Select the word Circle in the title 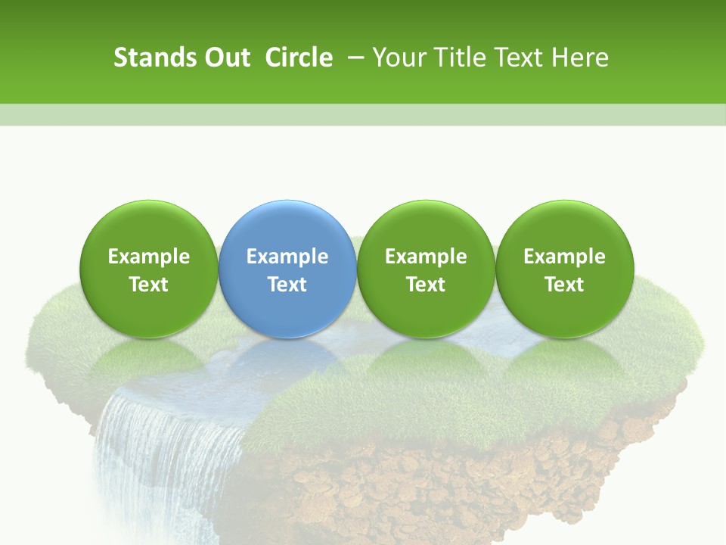pos(299,58)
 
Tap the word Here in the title pos(581,58)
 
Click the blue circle pos(287,227)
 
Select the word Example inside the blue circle pos(287,257)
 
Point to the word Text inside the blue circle pos(287,285)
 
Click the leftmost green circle pos(149,227)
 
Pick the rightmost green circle pos(564,227)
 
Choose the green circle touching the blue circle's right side pos(426,227)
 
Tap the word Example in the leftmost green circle pos(149,257)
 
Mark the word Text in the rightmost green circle pos(564,285)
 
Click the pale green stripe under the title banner pos(363,114)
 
